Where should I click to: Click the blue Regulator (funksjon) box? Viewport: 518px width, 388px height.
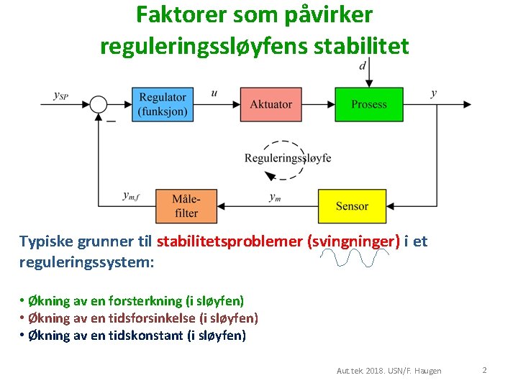(x=163, y=104)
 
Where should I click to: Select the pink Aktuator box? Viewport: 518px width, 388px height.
(x=271, y=104)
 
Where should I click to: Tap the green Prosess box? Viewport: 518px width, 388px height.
(x=369, y=104)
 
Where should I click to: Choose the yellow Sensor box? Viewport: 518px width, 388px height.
(x=352, y=206)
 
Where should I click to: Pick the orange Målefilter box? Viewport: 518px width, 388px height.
(x=186, y=205)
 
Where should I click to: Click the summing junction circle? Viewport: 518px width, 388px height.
(x=99, y=105)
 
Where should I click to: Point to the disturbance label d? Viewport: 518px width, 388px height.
(x=363, y=66)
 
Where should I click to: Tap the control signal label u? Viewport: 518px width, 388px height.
(x=214, y=93)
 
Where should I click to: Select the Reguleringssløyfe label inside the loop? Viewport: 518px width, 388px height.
(x=288, y=157)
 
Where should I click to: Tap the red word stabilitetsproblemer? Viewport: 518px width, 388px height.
(x=230, y=241)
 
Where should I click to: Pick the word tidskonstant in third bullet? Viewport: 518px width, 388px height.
(x=140, y=335)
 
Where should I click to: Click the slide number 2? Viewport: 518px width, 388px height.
(x=484, y=370)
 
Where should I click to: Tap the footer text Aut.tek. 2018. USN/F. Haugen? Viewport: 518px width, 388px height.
(x=389, y=371)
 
